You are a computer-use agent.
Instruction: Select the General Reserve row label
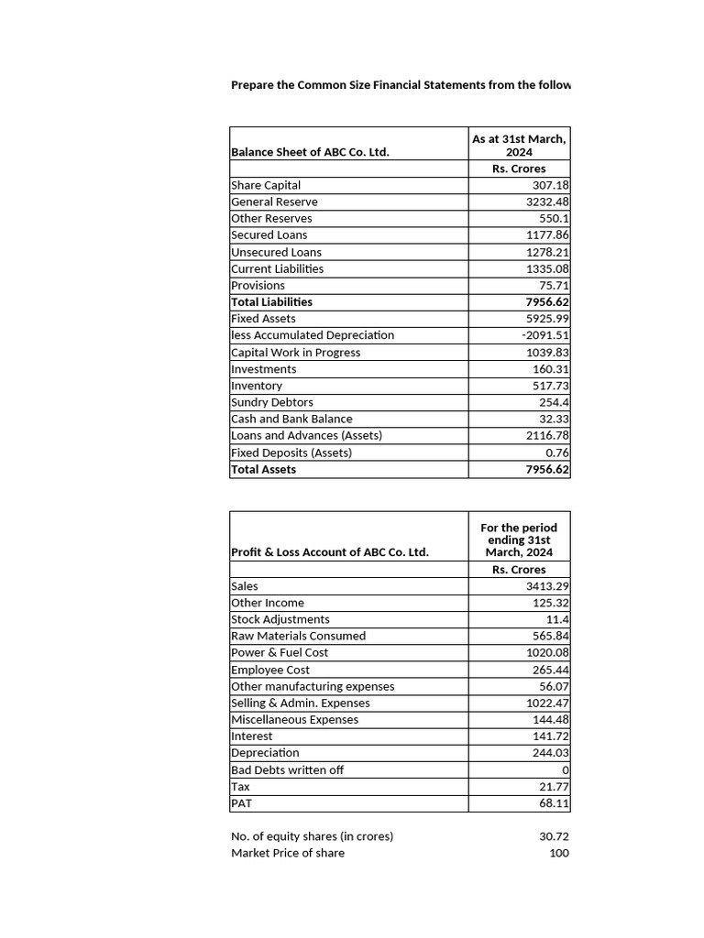(x=275, y=202)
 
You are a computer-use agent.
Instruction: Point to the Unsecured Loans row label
(x=276, y=252)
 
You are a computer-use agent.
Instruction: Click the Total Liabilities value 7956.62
(x=546, y=302)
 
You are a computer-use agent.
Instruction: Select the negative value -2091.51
(x=545, y=335)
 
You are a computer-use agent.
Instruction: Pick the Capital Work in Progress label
(x=295, y=353)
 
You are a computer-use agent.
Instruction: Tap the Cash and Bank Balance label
(x=291, y=419)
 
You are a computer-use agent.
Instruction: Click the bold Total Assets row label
(x=264, y=469)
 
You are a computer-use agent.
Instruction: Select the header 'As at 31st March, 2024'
(x=519, y=146)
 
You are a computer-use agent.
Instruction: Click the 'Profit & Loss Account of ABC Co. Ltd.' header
(x=330, y=552)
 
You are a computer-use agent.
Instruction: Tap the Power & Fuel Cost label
(x=280, y=653)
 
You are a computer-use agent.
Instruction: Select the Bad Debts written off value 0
(x=566, y=770)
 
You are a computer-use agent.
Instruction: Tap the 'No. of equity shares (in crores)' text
(x=312, y=836)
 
